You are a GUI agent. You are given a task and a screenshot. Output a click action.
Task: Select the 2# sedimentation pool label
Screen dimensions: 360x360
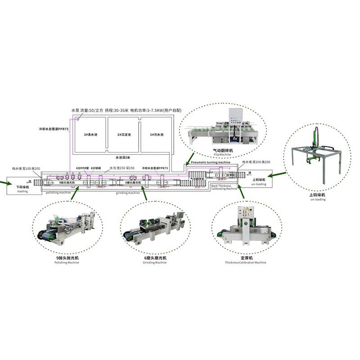[x=122, y=135]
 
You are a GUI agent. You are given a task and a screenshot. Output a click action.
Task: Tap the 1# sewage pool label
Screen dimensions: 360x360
[x=156, y=135]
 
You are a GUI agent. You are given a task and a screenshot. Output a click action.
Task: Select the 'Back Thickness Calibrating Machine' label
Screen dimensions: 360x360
[x=224, y=187]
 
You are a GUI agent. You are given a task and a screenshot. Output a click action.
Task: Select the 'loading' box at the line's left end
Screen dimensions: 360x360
[x=22, y=186]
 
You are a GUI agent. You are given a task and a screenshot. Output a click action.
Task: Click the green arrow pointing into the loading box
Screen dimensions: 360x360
[x=3, y=182]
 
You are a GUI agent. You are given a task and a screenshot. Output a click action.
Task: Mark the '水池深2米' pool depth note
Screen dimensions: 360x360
[x=122, y=157]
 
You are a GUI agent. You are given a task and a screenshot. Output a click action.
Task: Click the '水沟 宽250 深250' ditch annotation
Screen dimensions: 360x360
[x=121, y=168]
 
